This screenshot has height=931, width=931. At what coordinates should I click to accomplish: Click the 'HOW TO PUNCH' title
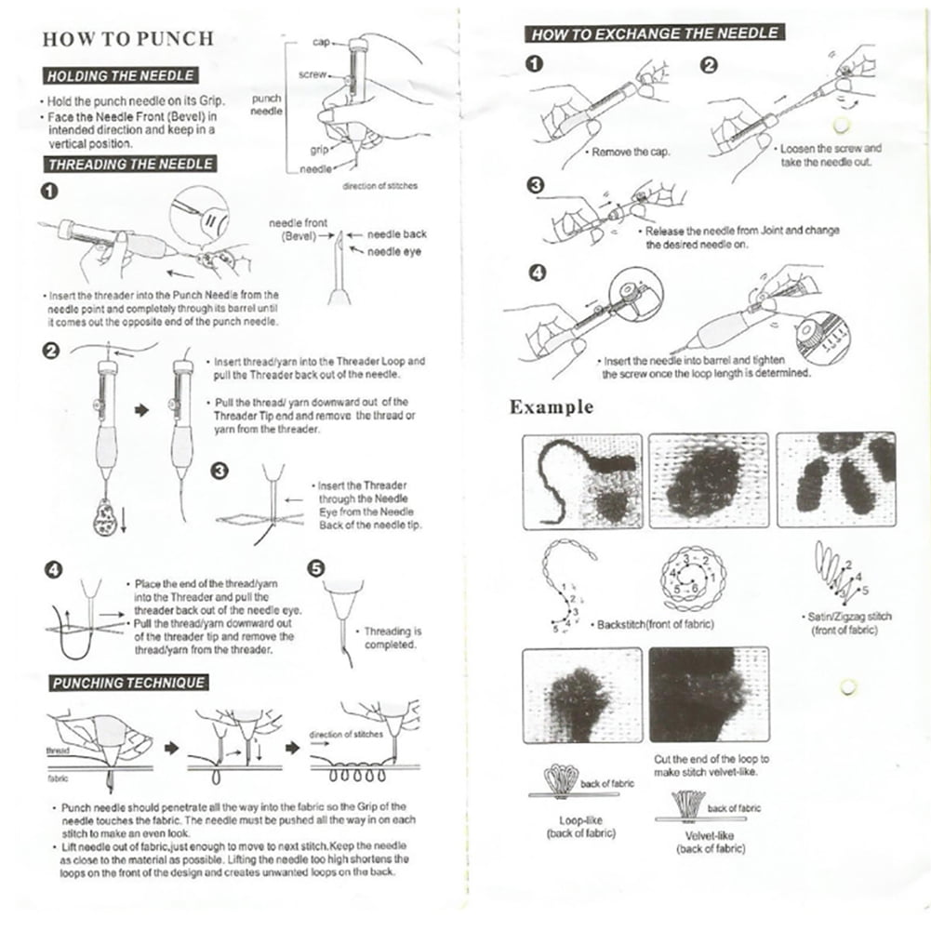pyautogui.click(x=128, y=39)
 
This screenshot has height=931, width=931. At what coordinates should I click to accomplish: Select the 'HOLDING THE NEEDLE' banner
pyautogui.click(x=120, y=76)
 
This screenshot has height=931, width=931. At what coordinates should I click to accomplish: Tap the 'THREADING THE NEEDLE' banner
pyautogui.click(x=130, y=165)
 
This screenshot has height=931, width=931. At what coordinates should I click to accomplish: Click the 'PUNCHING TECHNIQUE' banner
pyautogui.click(x=127, y=683)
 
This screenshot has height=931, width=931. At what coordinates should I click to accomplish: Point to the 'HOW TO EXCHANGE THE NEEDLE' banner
pyautogui.click(x=654, y=33)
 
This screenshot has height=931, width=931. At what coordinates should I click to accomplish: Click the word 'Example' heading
pyautogui.click(x=551, y=407)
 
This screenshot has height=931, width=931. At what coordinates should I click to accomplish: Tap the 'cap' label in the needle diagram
pyautogui.click(x=319, y=43)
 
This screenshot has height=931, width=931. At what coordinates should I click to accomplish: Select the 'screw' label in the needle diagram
pyautogui.click(x=311, y=73)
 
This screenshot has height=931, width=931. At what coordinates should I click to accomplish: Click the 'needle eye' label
pyautogui.click(x=397, y=251)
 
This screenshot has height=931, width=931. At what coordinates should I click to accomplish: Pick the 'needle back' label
pyautogui.click(x=397, y=235)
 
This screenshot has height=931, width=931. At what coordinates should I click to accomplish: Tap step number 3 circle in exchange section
pyautogui.click(x=535, y=186)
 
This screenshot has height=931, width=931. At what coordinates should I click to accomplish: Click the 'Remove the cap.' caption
pyautogui.click(x=630, y=152)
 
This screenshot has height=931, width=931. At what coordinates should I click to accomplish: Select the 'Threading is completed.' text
pyautogui.click(x=391, y=637)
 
